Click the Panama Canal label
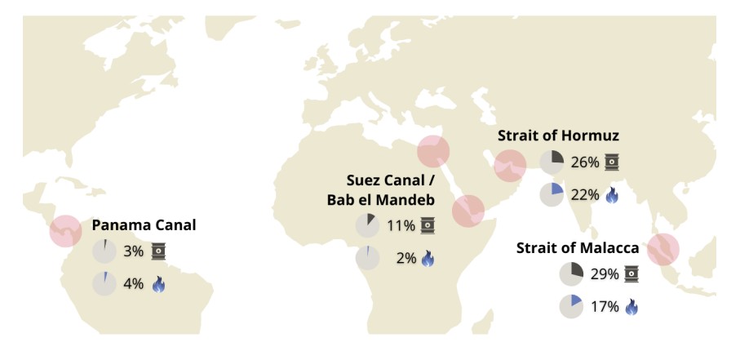144,225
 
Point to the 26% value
585,162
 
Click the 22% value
585,194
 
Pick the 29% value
605,274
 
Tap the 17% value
605,307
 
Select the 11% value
401,225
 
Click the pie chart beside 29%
571,274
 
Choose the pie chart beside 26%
552,162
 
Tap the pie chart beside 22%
552,194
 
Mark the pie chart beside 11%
367,225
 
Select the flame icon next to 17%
631,307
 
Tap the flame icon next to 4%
158,284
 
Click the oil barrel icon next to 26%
611,162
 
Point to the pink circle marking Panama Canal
65,230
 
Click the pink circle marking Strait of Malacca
663,249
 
